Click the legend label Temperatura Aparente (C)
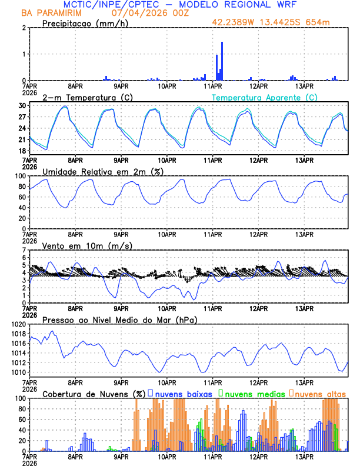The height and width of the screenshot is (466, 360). tap(265, 97)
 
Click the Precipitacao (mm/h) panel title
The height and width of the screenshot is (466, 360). tap(84, 24)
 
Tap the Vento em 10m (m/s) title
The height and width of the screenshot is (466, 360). tap(87, 245)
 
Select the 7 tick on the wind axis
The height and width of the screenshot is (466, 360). tap(24, 251)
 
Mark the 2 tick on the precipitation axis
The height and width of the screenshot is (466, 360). tap(24, 28)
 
